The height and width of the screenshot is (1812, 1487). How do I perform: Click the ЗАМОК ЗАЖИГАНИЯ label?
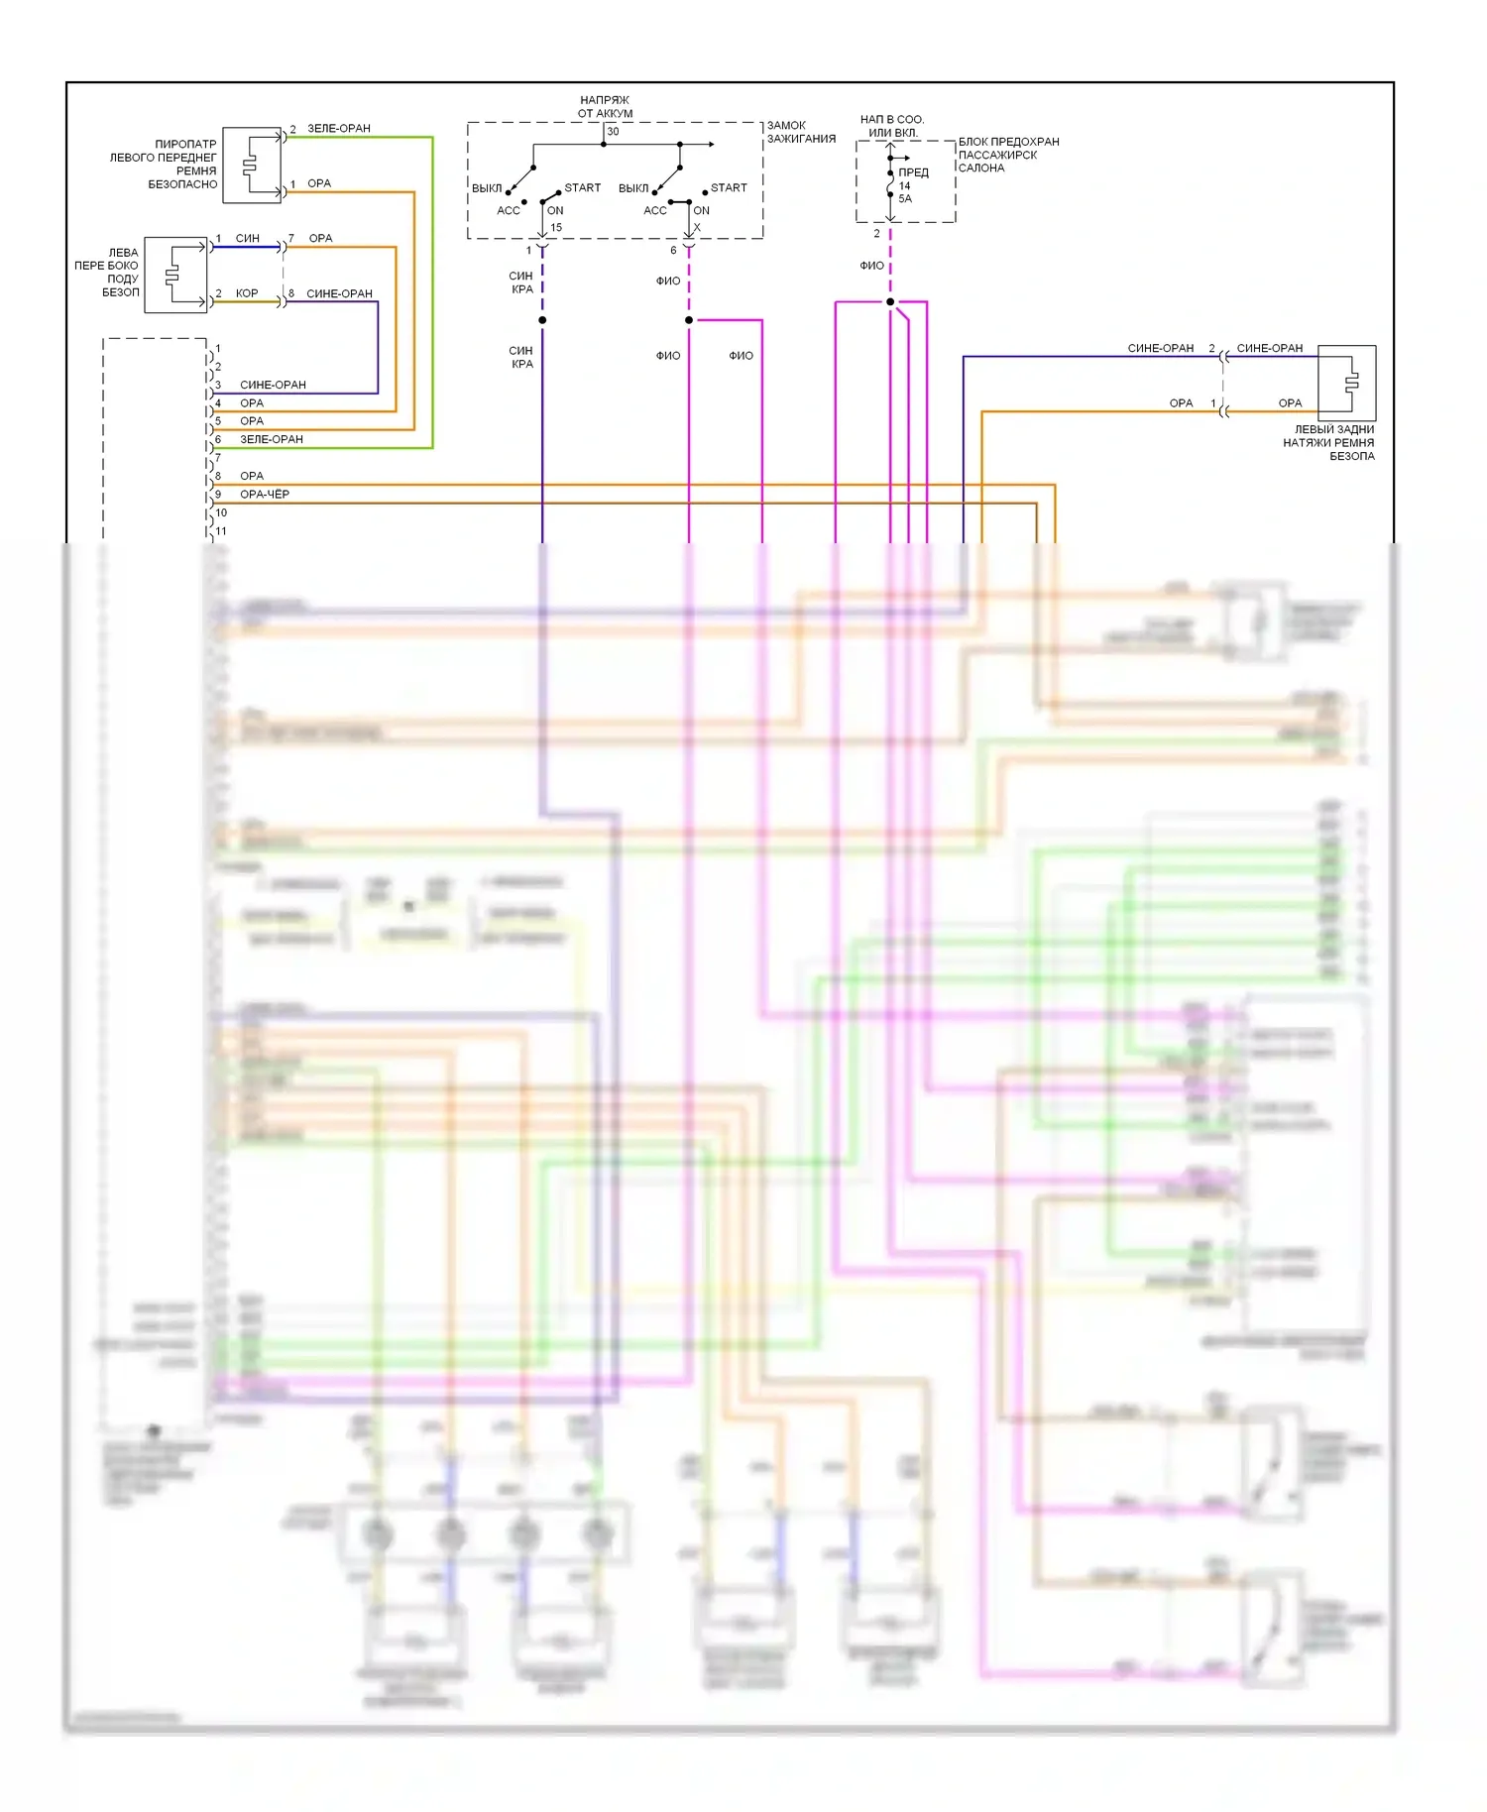(x=800, y=132)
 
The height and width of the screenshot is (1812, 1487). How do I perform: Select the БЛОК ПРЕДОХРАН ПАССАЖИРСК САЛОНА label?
(x=1007, y=155)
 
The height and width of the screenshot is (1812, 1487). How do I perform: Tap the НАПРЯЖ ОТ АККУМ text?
(x=605, y=106)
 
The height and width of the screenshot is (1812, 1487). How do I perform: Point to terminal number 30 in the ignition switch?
(x=613, y=131)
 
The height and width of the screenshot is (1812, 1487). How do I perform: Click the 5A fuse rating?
(x=905, y=198)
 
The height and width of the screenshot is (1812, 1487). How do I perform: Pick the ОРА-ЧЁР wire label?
(x=265, y=494)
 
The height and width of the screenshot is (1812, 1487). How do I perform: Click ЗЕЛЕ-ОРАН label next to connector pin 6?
(x=272, y=439)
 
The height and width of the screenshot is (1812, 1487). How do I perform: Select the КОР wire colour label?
(x=247, y=293)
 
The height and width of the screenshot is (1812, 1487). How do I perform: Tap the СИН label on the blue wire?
(x=248, y=238)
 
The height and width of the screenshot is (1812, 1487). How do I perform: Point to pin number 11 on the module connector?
(x=221, y=531)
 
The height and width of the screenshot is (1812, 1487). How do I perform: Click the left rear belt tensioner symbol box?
(x=1346, y=383)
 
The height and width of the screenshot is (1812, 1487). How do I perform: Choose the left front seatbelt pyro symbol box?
(x=252, y=165)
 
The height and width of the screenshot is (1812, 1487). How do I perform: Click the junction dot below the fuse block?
(x=890, y=301)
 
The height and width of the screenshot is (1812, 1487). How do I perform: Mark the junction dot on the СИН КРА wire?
(x=542, y=320)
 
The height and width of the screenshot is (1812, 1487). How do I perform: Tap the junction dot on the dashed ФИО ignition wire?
(x=689, y=320)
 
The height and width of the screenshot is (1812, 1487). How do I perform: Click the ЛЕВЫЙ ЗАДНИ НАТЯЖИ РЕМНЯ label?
(x=1328, y=443)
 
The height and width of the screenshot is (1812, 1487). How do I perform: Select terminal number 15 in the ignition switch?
(x=556, y=227)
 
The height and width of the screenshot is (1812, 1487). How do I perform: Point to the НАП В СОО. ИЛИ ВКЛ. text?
(x=892, y=126)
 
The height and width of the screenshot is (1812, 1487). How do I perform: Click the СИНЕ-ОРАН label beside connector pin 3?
(x=273, y=385)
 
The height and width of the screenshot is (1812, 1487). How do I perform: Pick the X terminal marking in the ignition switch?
(x=697, y=227)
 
